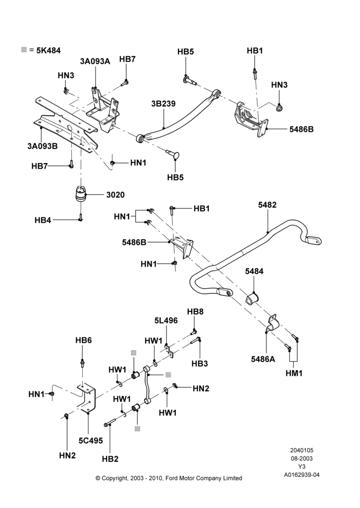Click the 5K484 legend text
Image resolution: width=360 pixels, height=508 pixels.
click(x=48, y=50)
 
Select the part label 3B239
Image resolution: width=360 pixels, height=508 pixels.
click(x=163, y=104)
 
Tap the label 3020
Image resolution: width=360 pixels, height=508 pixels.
click(x=115, y=195)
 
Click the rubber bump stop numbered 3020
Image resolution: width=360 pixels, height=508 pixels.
click(x=80, y=195)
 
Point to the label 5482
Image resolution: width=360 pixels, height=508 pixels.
click(x=267, y=205)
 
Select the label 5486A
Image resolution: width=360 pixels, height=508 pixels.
click(x=263, y=359)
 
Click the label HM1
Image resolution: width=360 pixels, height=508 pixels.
click(x=294, y=373)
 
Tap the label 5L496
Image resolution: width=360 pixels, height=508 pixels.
click(x=166, y=321)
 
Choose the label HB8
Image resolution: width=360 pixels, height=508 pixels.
click(x=195, y=312)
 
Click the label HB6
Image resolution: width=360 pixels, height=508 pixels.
click(x=84, y=340)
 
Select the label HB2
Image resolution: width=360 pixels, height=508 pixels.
click(x=110, y=459)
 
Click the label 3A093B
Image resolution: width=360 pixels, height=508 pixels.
click(x=43, y=146)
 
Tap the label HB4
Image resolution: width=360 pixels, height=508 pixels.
click(x=43, y=220)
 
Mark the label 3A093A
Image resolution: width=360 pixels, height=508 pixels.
click(x=95, y=61)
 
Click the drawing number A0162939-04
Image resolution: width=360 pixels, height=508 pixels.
click(x=302, y=475)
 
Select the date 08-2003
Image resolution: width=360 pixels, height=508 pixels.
click(x=302, y=458)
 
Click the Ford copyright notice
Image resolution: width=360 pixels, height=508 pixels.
click(x=169, y=478)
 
